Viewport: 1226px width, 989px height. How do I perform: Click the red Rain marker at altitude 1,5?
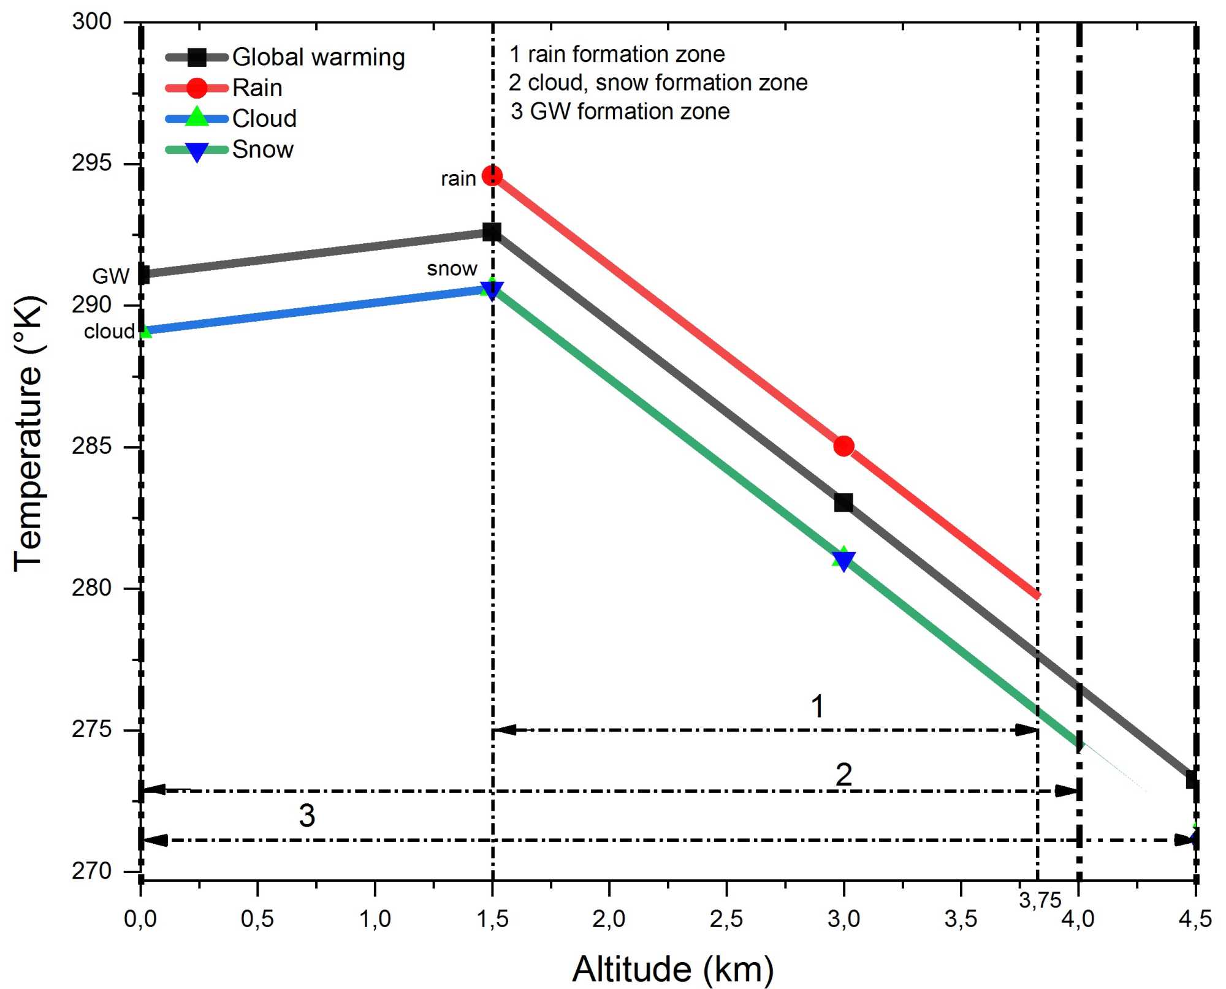(x=492, y=176)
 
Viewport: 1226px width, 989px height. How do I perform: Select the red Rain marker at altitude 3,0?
(x=843, y=446)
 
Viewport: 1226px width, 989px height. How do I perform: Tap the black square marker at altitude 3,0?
(x=843, y=503)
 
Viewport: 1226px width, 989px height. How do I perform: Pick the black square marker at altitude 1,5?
(x=492, y=233)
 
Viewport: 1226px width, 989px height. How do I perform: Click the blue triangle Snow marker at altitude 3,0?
(x=843, y=560)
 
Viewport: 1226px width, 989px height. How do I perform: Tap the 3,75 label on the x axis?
(x=1040, y=900)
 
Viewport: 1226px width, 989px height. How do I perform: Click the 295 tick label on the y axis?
(x=92, y=164)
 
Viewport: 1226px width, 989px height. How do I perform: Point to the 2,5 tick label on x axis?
(x=726, y=919)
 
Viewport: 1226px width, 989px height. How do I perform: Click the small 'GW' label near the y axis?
(x=110, y=276)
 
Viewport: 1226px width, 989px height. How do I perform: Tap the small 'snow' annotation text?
(x=452, y=268)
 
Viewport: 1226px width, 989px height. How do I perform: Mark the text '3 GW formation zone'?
(x=620, y=112)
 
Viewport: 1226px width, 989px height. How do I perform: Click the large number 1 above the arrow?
(x=817, y=707)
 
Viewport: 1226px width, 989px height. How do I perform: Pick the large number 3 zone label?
(x=306, y=816)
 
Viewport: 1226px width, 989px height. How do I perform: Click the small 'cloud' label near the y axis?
(x=109, y=332)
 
